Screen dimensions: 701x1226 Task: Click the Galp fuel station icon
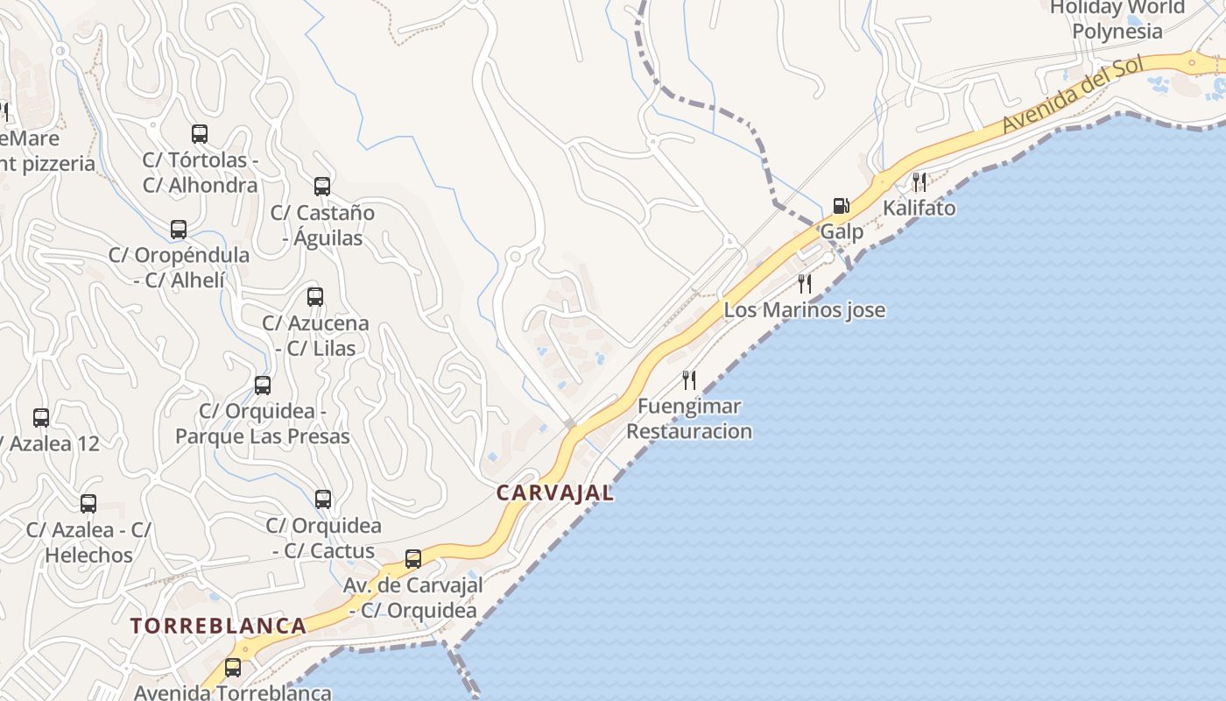(841, 206)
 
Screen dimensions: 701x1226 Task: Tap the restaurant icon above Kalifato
(919, 181)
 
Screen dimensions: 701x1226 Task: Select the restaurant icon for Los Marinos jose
(805, 283)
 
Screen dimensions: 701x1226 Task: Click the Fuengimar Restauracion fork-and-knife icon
(689, 379)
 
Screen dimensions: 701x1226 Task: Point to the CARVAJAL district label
(555, 492)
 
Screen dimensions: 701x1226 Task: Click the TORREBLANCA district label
(219, 626)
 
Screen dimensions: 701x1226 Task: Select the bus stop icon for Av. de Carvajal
(413, 558)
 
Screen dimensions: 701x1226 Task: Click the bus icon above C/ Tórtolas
(200, 134)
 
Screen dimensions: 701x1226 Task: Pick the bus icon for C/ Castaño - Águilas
(322, 186)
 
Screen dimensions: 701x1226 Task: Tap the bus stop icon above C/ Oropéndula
(179, 230)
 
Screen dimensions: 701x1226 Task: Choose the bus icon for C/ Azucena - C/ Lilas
(315, 297)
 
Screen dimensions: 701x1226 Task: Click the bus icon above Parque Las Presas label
(263, 386)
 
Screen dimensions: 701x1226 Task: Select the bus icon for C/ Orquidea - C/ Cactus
(323, 499)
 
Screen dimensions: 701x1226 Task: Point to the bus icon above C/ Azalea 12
(41, 418)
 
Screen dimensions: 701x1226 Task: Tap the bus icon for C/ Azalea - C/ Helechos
(88, 504)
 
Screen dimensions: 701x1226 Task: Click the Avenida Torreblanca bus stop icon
(233, 667)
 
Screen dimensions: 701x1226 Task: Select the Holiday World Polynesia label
(1117, 19)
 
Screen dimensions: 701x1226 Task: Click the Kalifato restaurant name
(919, 209)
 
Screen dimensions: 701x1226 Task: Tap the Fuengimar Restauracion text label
(689, 419)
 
